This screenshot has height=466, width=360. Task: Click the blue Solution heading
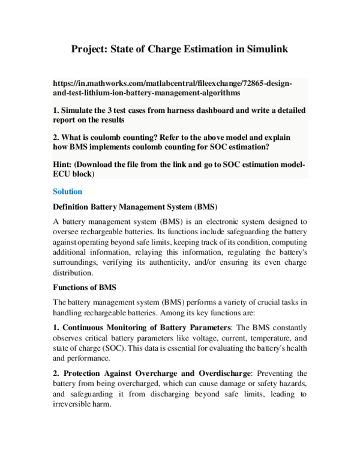coord(67,192)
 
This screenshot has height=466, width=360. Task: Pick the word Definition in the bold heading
coord(74,207)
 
